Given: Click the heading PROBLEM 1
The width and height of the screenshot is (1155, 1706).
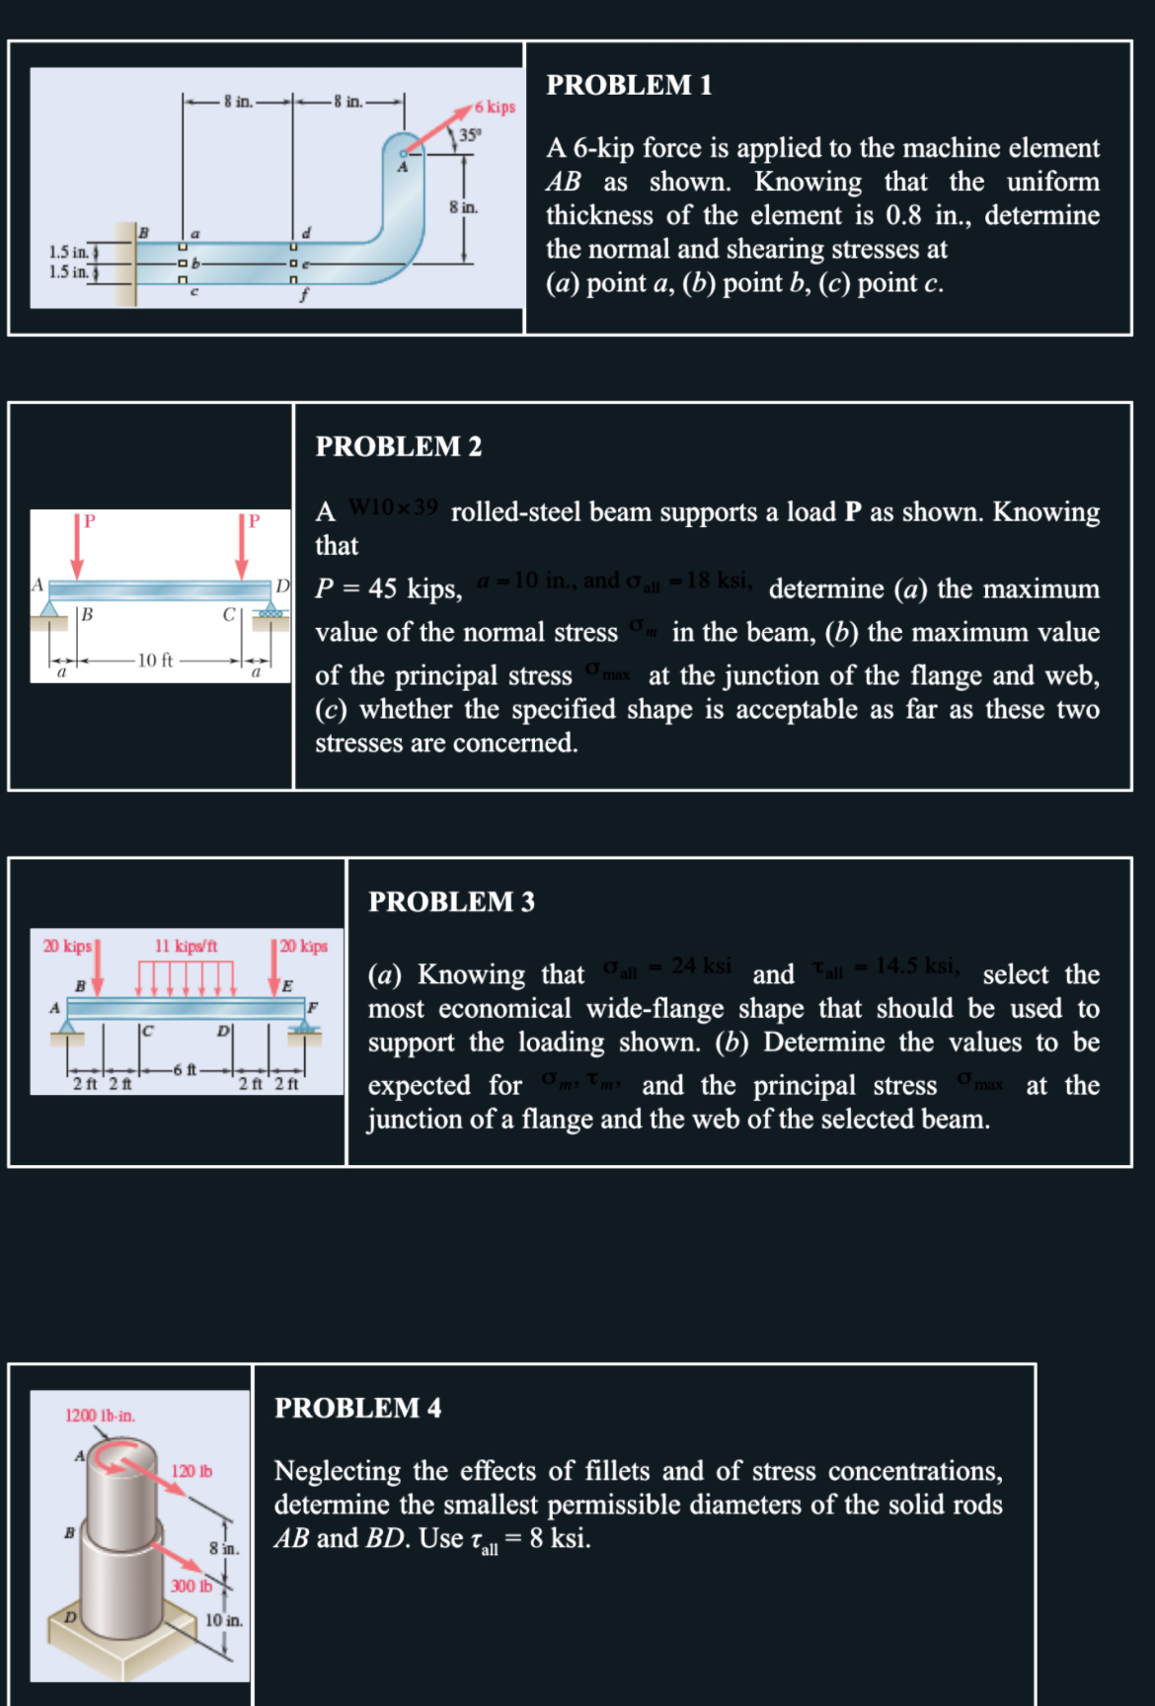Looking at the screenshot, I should point(629,86).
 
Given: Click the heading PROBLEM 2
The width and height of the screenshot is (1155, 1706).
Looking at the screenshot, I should point(399,447).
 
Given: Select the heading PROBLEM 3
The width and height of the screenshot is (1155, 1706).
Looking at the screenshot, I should point(451,902).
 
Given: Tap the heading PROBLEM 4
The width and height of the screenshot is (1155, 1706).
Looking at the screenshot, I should point(357,1409).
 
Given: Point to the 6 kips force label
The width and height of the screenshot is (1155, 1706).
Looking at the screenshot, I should point(495,107).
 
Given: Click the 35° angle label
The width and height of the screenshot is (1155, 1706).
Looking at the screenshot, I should point(470,135).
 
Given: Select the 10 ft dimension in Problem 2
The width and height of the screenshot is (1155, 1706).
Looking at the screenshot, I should point(155,660).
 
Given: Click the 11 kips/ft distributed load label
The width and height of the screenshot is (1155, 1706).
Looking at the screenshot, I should point(186,946).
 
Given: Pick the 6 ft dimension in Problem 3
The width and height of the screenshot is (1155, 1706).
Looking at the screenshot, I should point(185,1069).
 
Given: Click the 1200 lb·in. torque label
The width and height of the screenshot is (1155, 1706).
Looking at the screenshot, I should point(100,1416).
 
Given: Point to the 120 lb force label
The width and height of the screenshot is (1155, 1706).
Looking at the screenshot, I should point(192,1471).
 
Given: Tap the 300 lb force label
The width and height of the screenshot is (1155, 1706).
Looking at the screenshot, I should point(191,1586).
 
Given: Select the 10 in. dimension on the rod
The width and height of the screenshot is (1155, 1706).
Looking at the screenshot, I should point(223,1620).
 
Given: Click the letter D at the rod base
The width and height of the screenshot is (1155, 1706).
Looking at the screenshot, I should point(70,1617).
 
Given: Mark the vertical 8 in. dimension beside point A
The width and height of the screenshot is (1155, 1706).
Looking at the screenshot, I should point(463,207).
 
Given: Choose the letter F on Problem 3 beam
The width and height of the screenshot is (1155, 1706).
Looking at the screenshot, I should point(313,1008).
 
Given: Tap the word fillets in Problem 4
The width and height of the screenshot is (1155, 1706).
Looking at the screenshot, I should point(617,1471).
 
